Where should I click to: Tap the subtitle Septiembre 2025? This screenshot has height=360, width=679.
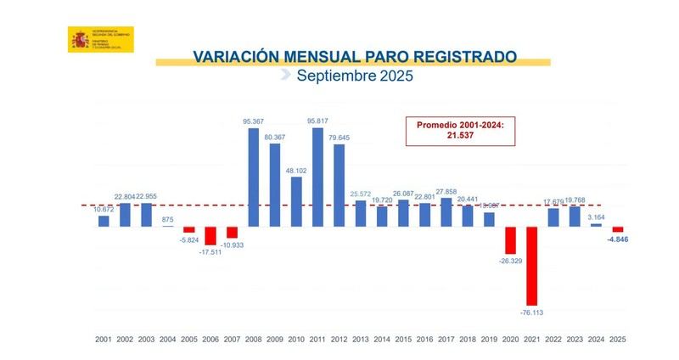[x=354, y=76]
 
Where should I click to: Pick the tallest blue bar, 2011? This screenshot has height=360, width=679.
[x=317, y=177]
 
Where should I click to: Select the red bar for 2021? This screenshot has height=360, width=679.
[x=531, y=266]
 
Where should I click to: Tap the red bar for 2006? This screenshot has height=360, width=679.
[x=210, y=236]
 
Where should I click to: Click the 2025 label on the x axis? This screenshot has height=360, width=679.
[x=617, y=340]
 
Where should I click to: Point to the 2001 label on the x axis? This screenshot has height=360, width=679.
[x=104, y=340]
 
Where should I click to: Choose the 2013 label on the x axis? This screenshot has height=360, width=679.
[x=361, y=340]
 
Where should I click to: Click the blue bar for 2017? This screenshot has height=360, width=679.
[x=446, y=212]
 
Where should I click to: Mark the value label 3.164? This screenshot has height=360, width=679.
[x=596, y=217]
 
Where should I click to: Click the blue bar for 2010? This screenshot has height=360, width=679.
[x=296, y=201]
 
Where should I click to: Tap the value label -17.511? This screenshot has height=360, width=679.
[x=210, y=252]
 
